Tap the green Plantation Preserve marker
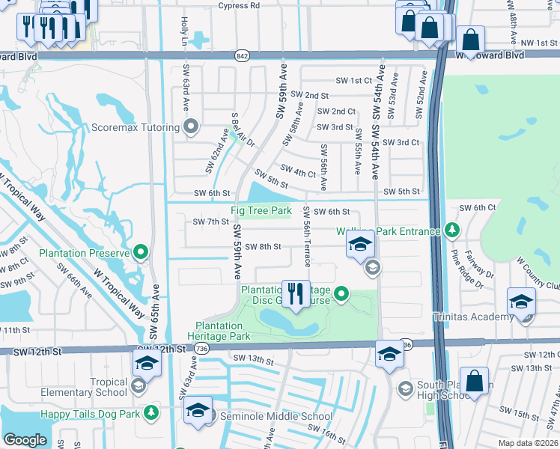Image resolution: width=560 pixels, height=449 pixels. pyautogui.click(x=140, y=252)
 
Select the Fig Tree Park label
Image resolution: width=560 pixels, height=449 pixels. pyautogui.click(x=261, y=211)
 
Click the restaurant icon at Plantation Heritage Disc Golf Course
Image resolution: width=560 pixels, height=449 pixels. pyautogui.click(x=296, y=294)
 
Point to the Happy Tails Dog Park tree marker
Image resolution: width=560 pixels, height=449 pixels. pyautogui.click(x=151, y=412)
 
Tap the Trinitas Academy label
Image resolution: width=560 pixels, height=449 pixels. pyautogui.click(x=473, y=317)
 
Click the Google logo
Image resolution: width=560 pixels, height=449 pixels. pyautogui.click(x=25, y=439)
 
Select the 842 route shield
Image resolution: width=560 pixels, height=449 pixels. pyautogui.click(x=241, y=55)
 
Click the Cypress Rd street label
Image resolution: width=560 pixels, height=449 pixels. pyautogui.click(x=238, y=6)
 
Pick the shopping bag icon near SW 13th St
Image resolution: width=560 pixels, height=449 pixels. pyautogui.click(x=474, y=381)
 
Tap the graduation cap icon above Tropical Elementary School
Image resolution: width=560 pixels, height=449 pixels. pyautogui.click(x=147, y=364)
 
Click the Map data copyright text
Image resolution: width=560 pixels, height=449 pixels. pyautogui.click(x=529, y=443)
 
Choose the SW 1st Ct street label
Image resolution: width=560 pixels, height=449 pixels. pyautogui.click(x=353, y=81)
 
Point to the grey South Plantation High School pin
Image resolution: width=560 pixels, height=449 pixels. pyautogui.click(x=405, y=387)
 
